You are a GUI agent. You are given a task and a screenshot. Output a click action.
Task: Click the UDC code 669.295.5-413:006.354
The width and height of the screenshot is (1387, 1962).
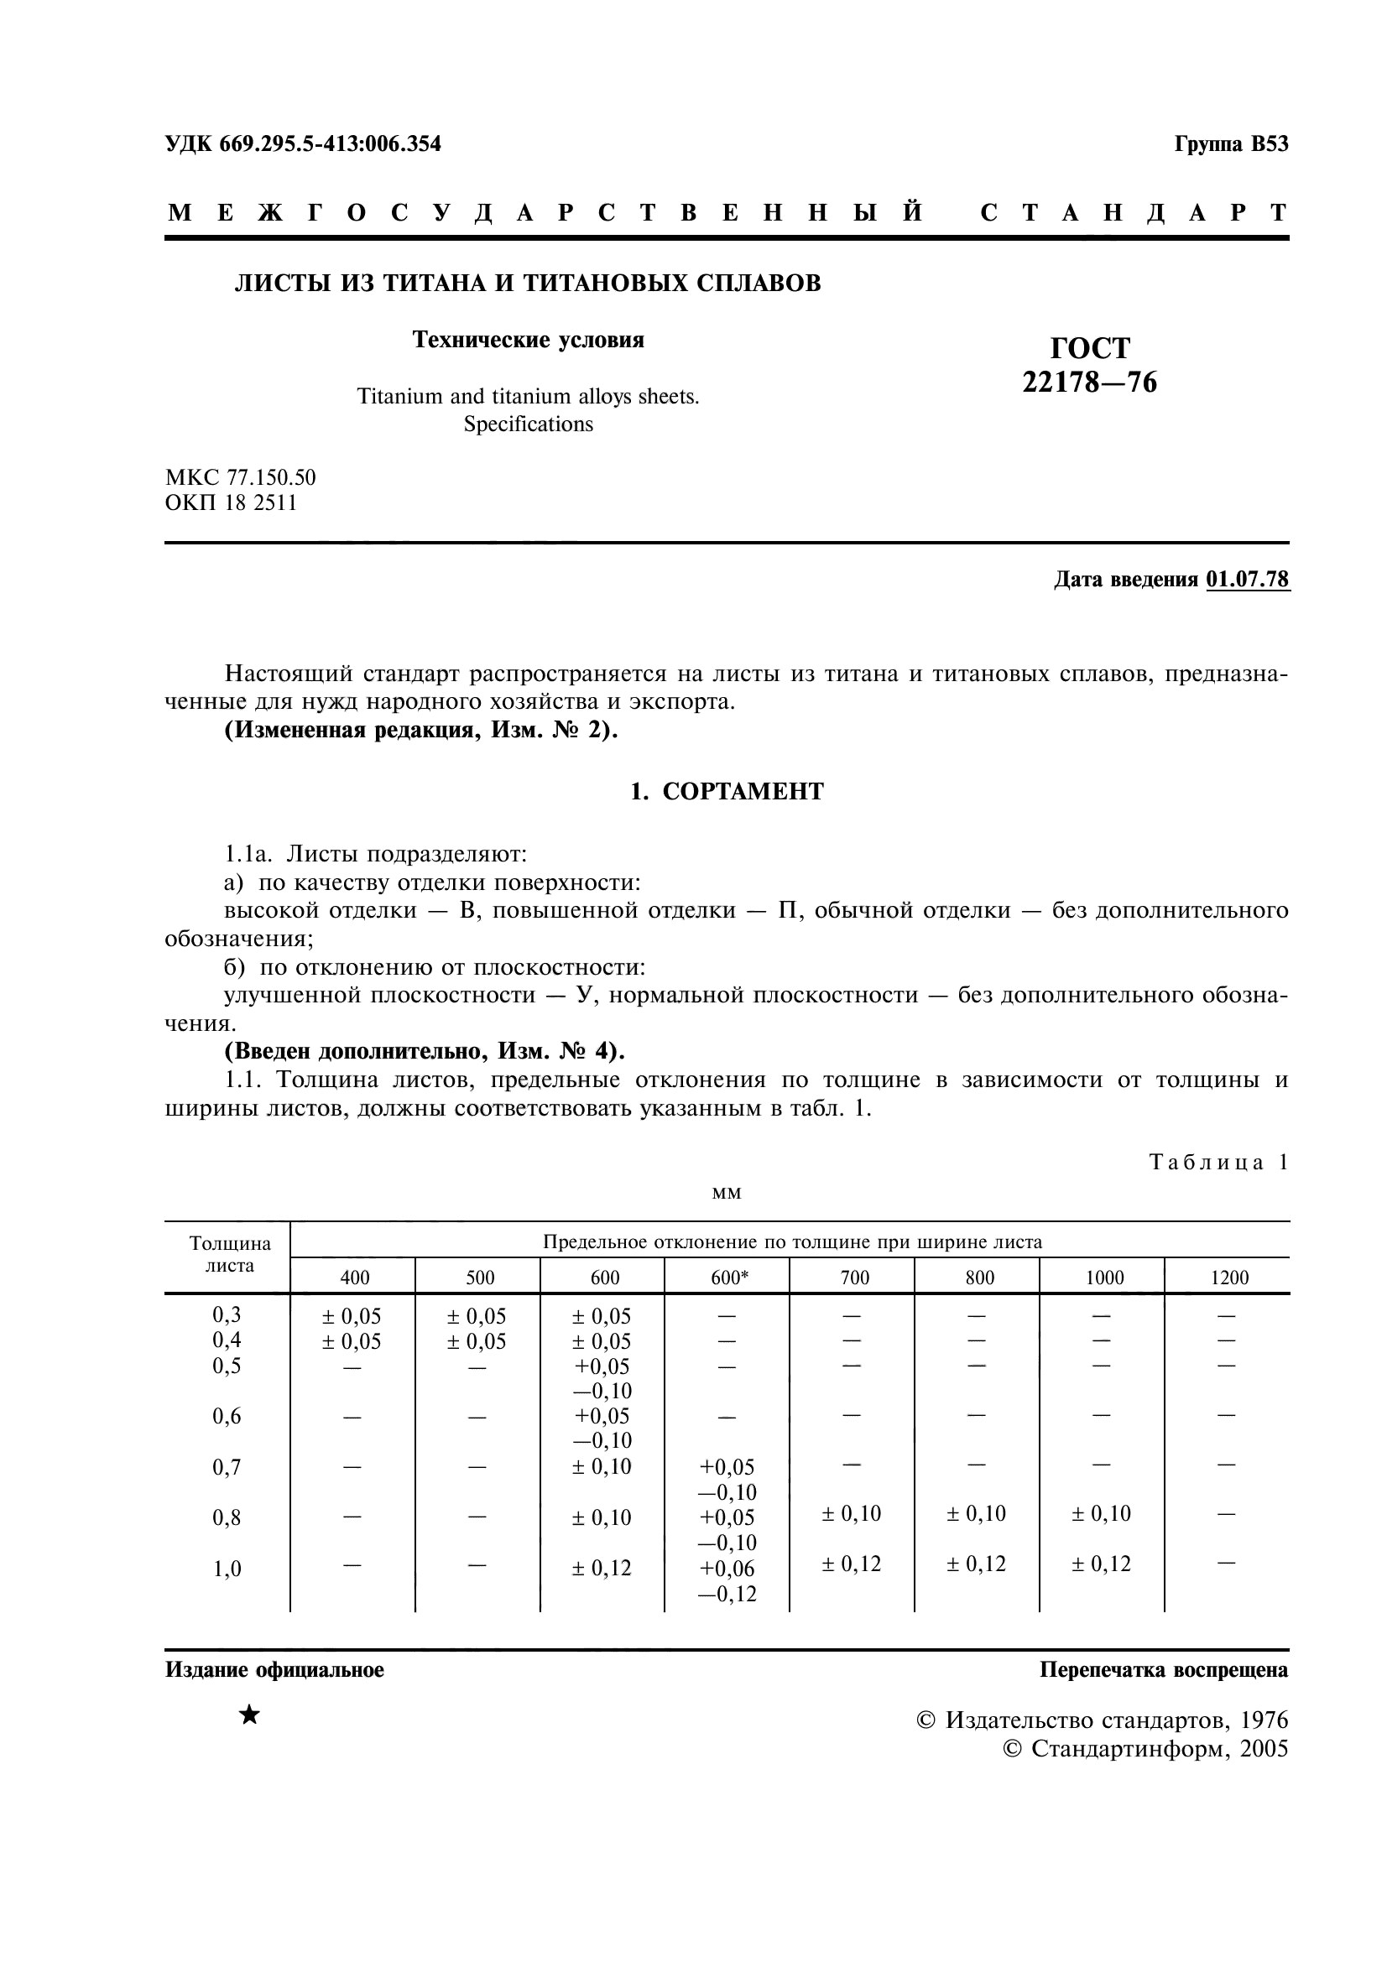tap(330, 143)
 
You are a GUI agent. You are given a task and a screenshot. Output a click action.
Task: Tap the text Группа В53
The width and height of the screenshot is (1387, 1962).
tap(1231, 143)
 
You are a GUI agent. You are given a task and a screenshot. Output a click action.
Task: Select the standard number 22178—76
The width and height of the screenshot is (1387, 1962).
tap(1090, 382)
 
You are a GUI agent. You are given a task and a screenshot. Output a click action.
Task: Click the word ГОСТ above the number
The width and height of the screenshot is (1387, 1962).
tap(1090, 348)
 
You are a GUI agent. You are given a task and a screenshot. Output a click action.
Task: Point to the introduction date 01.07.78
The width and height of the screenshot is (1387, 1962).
tap(1247, 580)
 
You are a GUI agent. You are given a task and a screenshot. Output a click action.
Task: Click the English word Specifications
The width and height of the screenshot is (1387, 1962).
tap(528, 424)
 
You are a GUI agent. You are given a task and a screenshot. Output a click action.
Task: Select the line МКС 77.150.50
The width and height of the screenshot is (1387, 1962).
tap(240, 476)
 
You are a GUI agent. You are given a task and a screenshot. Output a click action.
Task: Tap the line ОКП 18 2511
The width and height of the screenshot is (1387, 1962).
tap(231, 502)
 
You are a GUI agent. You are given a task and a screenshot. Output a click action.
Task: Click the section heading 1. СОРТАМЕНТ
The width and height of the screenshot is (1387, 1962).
tap(727, 791)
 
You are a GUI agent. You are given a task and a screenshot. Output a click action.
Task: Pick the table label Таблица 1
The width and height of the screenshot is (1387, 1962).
tap(1218, 1162)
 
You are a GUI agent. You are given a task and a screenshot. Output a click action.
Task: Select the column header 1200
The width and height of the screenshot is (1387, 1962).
tap(1229, 1278)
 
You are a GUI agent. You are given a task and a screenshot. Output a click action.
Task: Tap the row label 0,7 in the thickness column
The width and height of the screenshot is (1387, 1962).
tap(227, 1467)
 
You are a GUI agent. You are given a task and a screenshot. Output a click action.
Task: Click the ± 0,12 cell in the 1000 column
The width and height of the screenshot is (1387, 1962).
tap(1101, 1564)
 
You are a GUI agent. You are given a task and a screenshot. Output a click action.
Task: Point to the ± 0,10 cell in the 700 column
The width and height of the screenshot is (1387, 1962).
tap(851, 1513)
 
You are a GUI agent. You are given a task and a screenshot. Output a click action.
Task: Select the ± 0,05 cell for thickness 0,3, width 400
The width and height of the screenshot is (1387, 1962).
tap(352, 1317)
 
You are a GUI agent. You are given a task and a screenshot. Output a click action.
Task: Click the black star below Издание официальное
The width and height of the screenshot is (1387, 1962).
tap(248, 1715)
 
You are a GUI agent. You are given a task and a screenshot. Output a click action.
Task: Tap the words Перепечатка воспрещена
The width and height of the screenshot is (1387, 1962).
tap(1163, 1670)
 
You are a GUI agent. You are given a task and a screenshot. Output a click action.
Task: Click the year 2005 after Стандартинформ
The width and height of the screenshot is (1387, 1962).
tap(1263, 1748)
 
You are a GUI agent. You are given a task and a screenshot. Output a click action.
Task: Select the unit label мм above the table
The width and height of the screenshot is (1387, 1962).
tap(727, 1193)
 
